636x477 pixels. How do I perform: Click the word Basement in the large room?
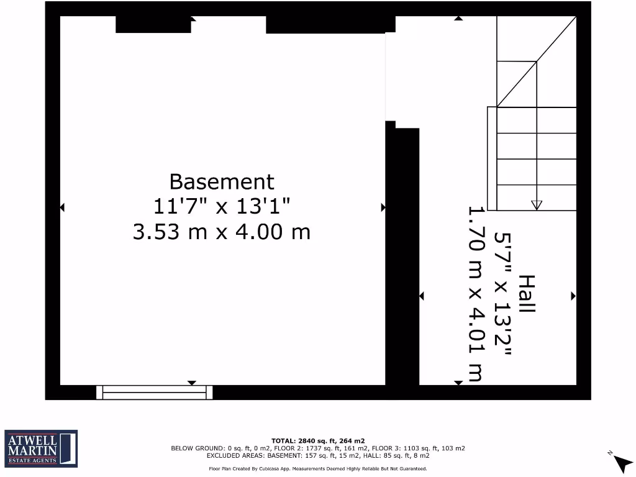[222, 182]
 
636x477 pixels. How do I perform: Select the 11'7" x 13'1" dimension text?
[222, 206]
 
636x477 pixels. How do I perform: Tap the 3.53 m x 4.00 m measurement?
[222, 232]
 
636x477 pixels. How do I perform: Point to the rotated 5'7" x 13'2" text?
[502, 294]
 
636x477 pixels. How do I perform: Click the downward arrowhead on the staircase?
[537, 206]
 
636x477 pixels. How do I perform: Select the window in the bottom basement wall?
[155, 392]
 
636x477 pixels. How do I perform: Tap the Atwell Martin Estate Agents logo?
[41, 447]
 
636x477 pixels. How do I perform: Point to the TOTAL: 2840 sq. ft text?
[317, 440]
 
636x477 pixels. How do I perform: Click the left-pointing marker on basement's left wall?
[62, 207]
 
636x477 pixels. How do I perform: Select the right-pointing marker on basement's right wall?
[383, 207]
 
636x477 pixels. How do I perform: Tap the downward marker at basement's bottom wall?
[192, 383]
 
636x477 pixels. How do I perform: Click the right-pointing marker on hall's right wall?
[573, 296]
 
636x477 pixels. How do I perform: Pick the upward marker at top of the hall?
[458, 18]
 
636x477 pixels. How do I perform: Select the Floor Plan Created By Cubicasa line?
[317, 469]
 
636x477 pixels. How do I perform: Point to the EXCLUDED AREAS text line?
[317, 455]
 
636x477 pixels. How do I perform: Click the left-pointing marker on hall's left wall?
[422, 296]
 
